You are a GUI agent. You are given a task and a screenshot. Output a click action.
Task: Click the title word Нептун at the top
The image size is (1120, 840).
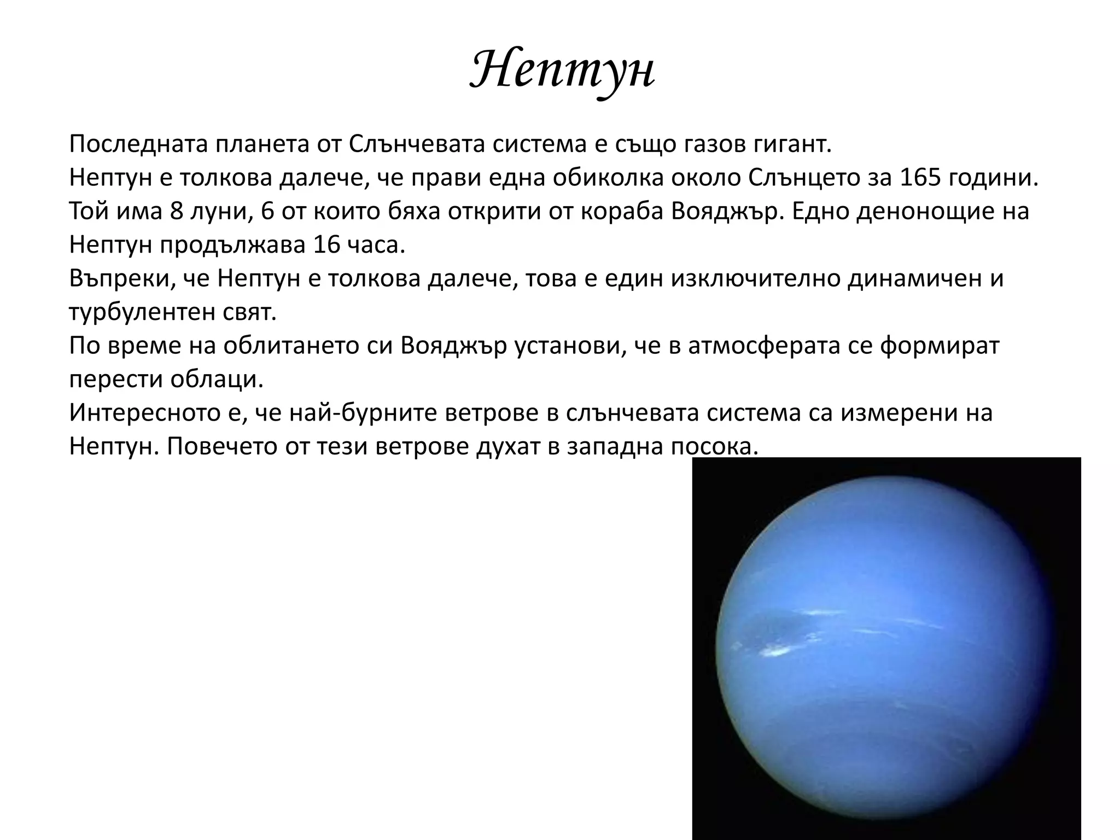click(562, 71)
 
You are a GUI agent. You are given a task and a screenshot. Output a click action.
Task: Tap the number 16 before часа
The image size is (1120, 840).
click(328, 245)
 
